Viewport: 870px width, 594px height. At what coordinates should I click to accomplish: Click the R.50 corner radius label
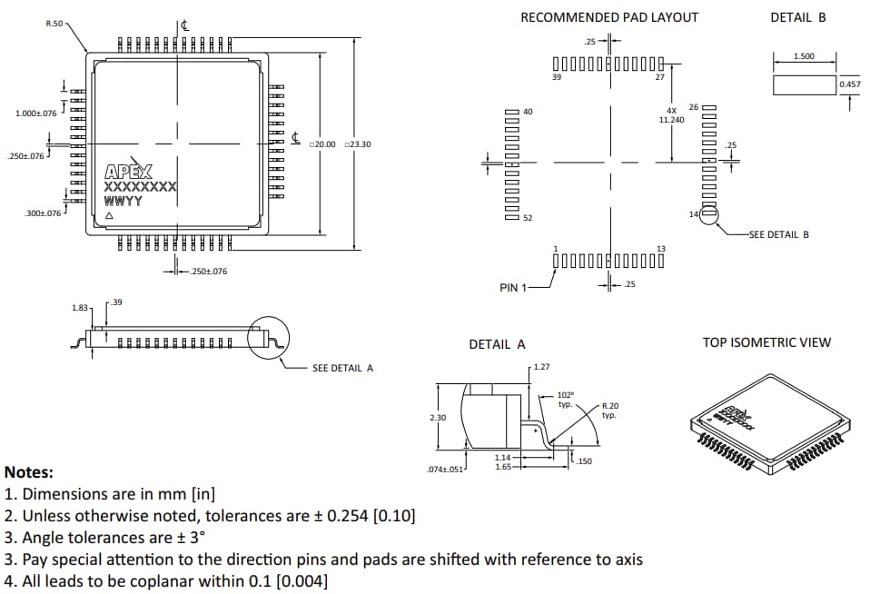point(54,23)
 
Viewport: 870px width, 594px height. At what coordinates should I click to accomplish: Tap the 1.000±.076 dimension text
point(36,114)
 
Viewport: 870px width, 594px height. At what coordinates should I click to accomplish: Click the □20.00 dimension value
point(322,144)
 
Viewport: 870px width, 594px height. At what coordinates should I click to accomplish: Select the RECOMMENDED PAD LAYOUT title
point(609,17)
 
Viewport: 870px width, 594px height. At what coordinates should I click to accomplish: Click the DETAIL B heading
point(797,17)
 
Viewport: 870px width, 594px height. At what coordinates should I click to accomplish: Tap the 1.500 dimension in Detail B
point(804,56)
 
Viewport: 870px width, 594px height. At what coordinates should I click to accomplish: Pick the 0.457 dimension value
point(849,84)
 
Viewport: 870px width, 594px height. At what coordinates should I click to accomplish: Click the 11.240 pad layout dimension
point(671,119)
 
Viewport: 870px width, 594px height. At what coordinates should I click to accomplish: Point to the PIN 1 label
point(513,288)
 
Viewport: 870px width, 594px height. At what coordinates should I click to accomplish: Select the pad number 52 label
point(529,218)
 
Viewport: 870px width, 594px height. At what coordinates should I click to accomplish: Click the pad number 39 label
point(557,77)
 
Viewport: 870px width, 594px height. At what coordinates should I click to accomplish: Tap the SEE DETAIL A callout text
point(342,368)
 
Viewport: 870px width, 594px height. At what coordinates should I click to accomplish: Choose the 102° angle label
point(565,396)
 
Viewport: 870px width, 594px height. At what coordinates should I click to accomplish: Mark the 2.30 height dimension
point(437,417)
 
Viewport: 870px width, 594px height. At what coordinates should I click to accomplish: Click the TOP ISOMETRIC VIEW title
point(766,342)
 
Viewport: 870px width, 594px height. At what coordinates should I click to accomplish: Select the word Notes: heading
point(29,472)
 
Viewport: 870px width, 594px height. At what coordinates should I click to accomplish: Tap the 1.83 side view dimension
point(80,309)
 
